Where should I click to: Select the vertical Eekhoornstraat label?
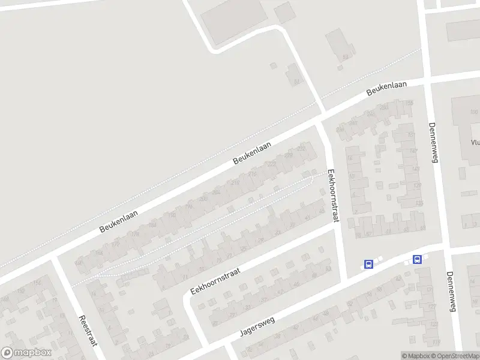(332, 196)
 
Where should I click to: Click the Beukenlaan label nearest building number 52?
(386, 88)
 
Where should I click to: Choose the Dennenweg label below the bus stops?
(451, 292)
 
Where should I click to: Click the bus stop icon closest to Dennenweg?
(417, 260)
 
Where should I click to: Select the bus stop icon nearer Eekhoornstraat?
(368, 264)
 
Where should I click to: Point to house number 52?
(345, 57)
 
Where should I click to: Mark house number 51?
(295, 82)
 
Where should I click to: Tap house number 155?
(410, 103)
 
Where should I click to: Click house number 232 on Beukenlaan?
(302, 148)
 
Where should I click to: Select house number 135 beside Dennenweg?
(419, 203)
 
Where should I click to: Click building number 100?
(474, 112)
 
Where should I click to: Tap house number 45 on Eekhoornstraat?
(322, 211)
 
